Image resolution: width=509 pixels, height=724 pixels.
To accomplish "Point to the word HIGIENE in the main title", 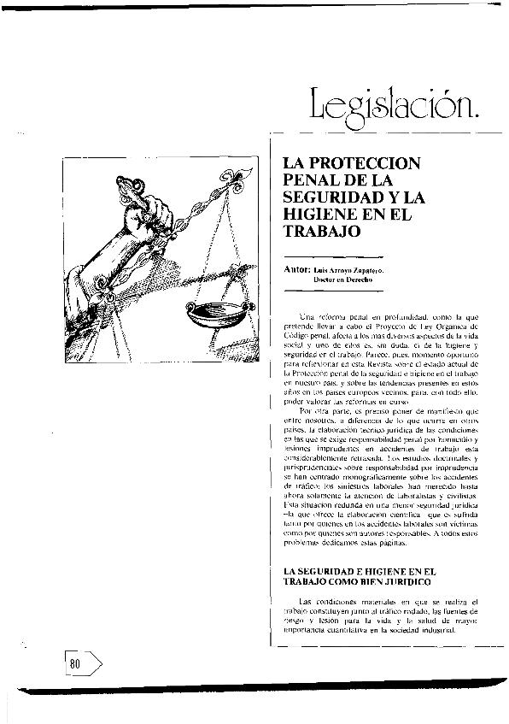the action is tap(321, 215).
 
